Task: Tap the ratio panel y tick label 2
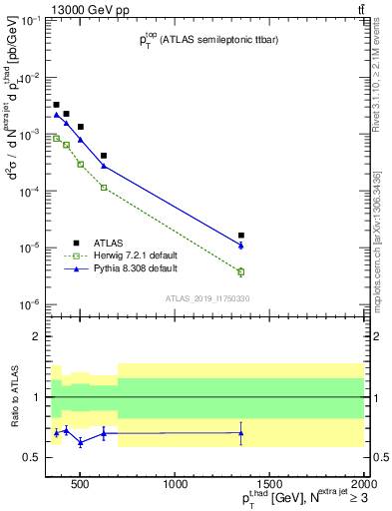click(40, 336)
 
